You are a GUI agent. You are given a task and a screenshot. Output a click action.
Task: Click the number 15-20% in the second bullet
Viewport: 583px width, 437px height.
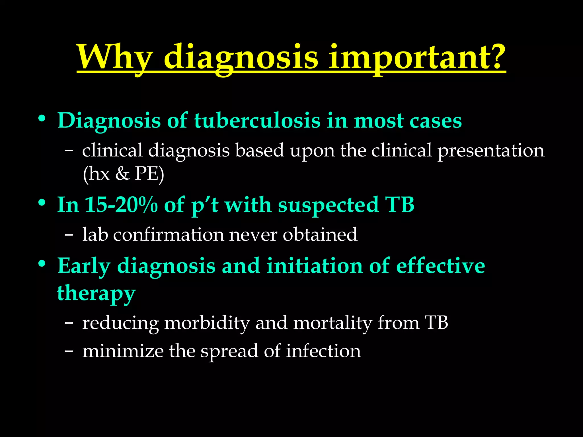tap(121, 205)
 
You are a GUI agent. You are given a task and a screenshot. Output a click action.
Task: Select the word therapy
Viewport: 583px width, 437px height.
tap(96, 293)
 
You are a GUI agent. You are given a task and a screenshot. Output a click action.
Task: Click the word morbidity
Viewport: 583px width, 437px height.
tap(207, 323)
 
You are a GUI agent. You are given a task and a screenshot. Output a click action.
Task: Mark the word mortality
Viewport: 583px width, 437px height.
tap(332, 323)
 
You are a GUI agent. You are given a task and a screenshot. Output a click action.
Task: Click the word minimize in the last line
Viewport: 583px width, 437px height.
tap(123, 351)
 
